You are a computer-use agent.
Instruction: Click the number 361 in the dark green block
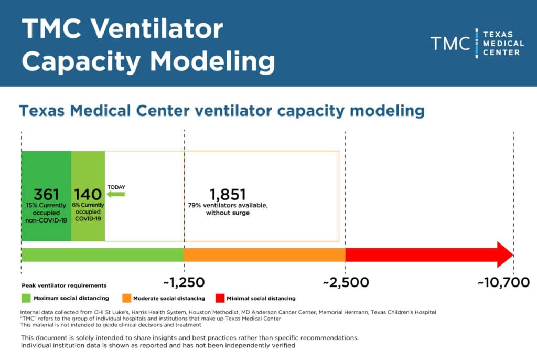46,194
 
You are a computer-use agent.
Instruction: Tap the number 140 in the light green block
88,195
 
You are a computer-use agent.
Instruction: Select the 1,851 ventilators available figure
228,194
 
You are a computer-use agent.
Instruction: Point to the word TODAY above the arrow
116,187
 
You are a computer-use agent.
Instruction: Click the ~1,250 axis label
184,283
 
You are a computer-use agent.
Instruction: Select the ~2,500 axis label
346,283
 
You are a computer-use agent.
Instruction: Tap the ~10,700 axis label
503,283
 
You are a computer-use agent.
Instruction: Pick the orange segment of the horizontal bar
264,255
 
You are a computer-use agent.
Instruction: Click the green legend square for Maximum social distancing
26,299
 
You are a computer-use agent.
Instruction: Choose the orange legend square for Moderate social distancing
126,299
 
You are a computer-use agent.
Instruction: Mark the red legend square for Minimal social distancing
220,299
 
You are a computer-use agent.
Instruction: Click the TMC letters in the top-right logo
450,44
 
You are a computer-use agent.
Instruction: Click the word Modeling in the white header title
213,61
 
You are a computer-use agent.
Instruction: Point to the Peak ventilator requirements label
64,286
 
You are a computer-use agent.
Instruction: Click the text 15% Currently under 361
46,205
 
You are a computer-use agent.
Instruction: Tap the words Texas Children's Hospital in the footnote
403,312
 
